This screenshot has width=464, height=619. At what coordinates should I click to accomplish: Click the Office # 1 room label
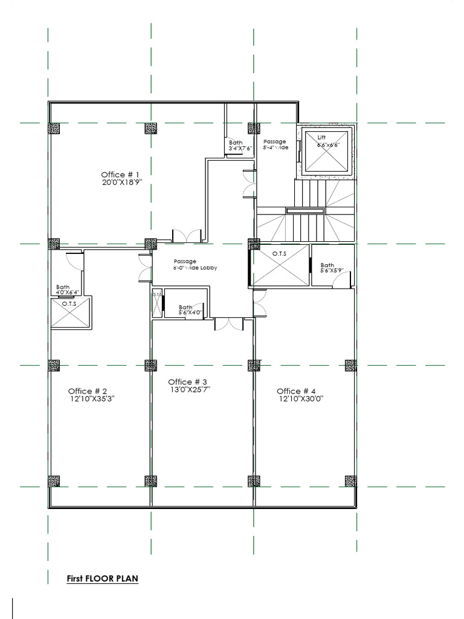124,175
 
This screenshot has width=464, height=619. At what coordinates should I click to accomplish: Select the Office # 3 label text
188,382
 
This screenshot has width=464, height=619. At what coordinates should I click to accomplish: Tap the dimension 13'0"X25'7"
190,390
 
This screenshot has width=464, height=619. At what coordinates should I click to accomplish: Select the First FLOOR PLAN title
102,578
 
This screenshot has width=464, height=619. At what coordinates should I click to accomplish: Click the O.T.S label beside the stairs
279,253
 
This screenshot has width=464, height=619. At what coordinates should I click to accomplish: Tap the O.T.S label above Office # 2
69,303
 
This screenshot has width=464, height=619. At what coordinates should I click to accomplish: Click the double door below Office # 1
185,236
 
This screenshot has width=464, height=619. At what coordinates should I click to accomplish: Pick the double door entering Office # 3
229,324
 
